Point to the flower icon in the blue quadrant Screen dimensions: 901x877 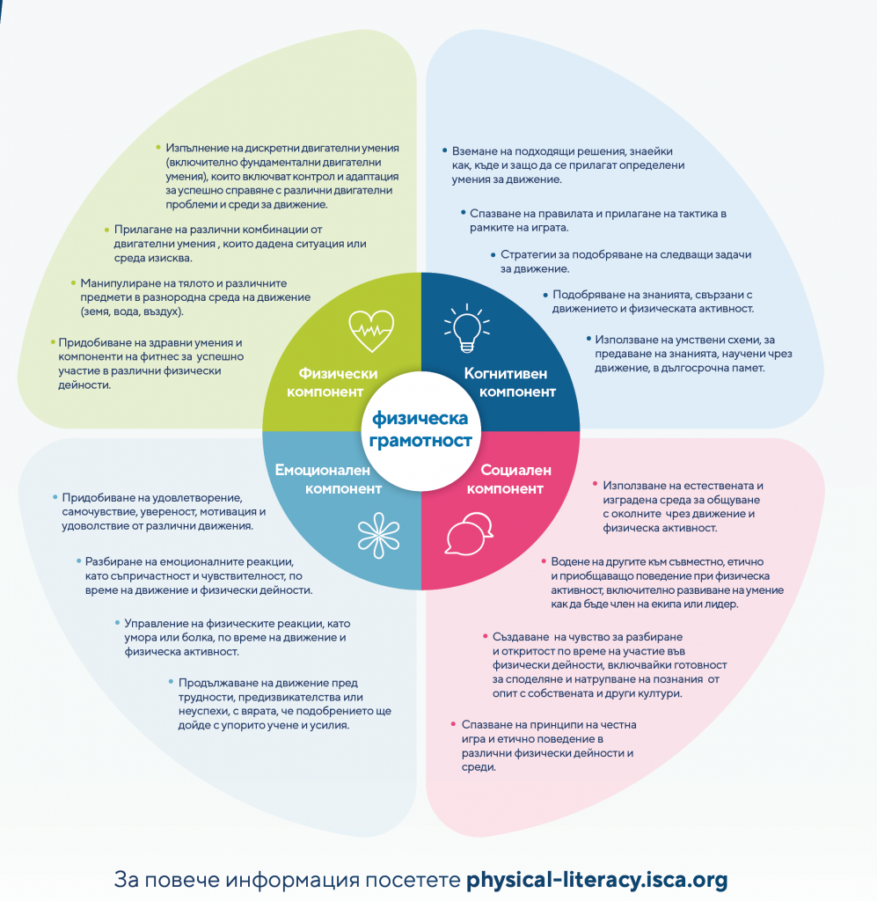376,532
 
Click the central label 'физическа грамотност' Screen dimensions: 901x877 420,429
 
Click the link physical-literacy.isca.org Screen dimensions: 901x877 596,879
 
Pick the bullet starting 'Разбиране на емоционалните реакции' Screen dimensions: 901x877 199,575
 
